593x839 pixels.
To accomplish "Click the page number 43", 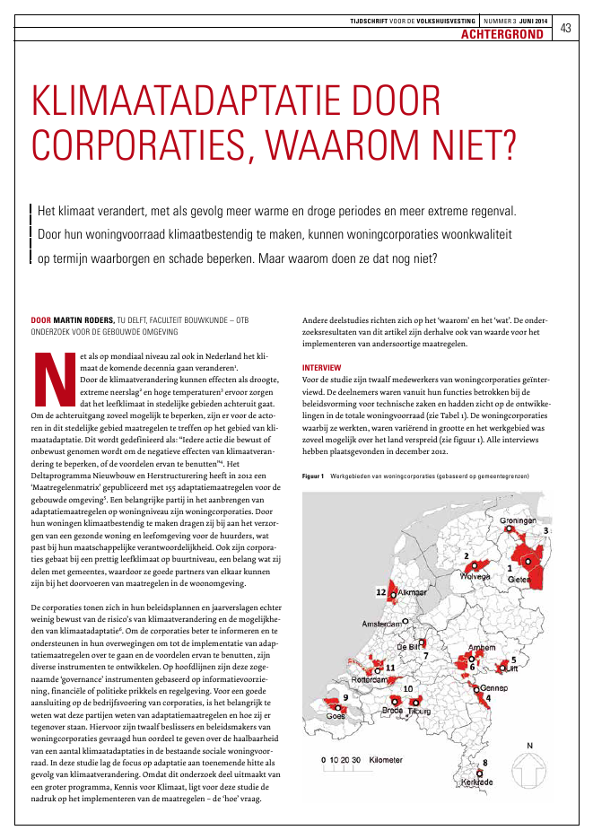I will (565, 28).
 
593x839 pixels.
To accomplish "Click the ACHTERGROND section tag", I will (502, 35).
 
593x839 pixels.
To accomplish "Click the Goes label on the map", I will (336, 715).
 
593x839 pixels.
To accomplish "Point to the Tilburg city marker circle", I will (414, 701).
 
